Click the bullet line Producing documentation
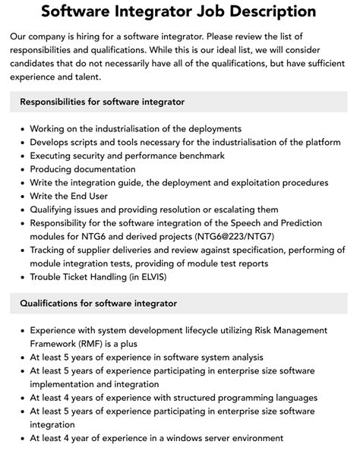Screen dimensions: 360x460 [x=83, y=169]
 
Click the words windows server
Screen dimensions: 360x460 [x=210, y=438]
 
